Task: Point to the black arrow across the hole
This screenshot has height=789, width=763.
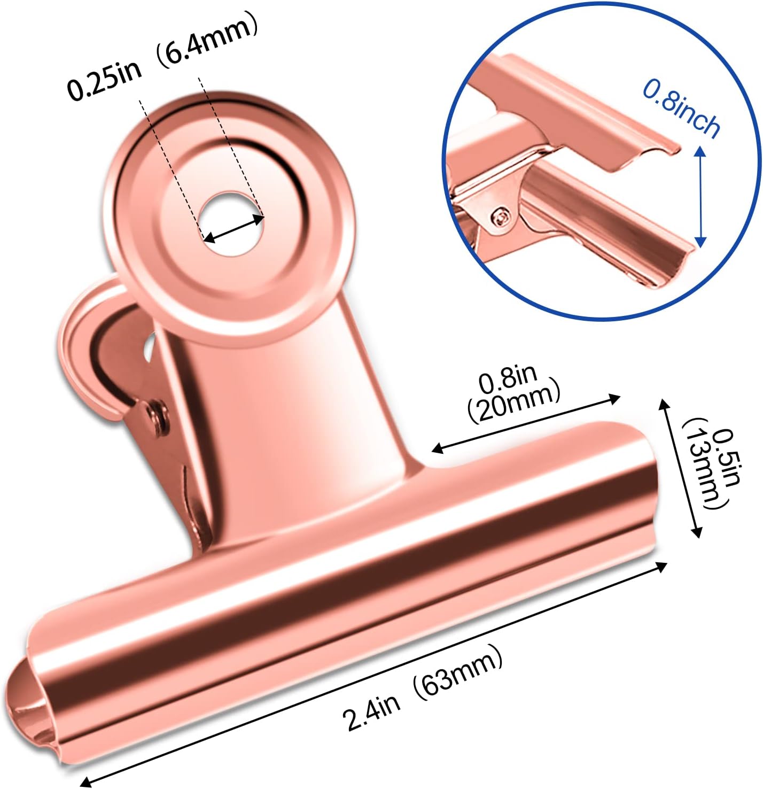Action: pos(234,228)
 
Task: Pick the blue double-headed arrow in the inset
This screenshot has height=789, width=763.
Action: pos(700,197)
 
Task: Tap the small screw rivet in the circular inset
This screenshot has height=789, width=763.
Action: pos(501,216)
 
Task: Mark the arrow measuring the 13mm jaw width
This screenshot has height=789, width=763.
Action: pos(680,468)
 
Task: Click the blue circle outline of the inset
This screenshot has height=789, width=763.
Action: pos(602,318)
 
